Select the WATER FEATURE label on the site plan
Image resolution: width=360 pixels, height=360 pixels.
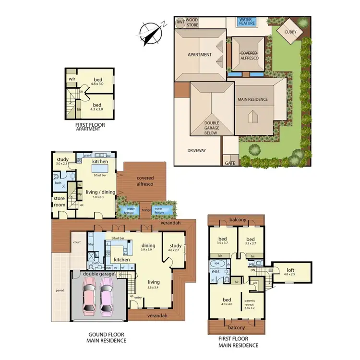[248, 22]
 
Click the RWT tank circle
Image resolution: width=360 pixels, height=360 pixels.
[180, 22]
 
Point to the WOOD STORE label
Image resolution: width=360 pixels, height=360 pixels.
[192, 22]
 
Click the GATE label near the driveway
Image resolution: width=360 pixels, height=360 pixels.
[230, 163]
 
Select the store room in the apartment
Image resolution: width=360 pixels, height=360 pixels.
[60, 201]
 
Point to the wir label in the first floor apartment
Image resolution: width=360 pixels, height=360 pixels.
[72, 78]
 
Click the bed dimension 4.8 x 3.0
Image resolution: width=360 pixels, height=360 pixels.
[98, 83]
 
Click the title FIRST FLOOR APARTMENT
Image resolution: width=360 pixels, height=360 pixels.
[90, 127]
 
